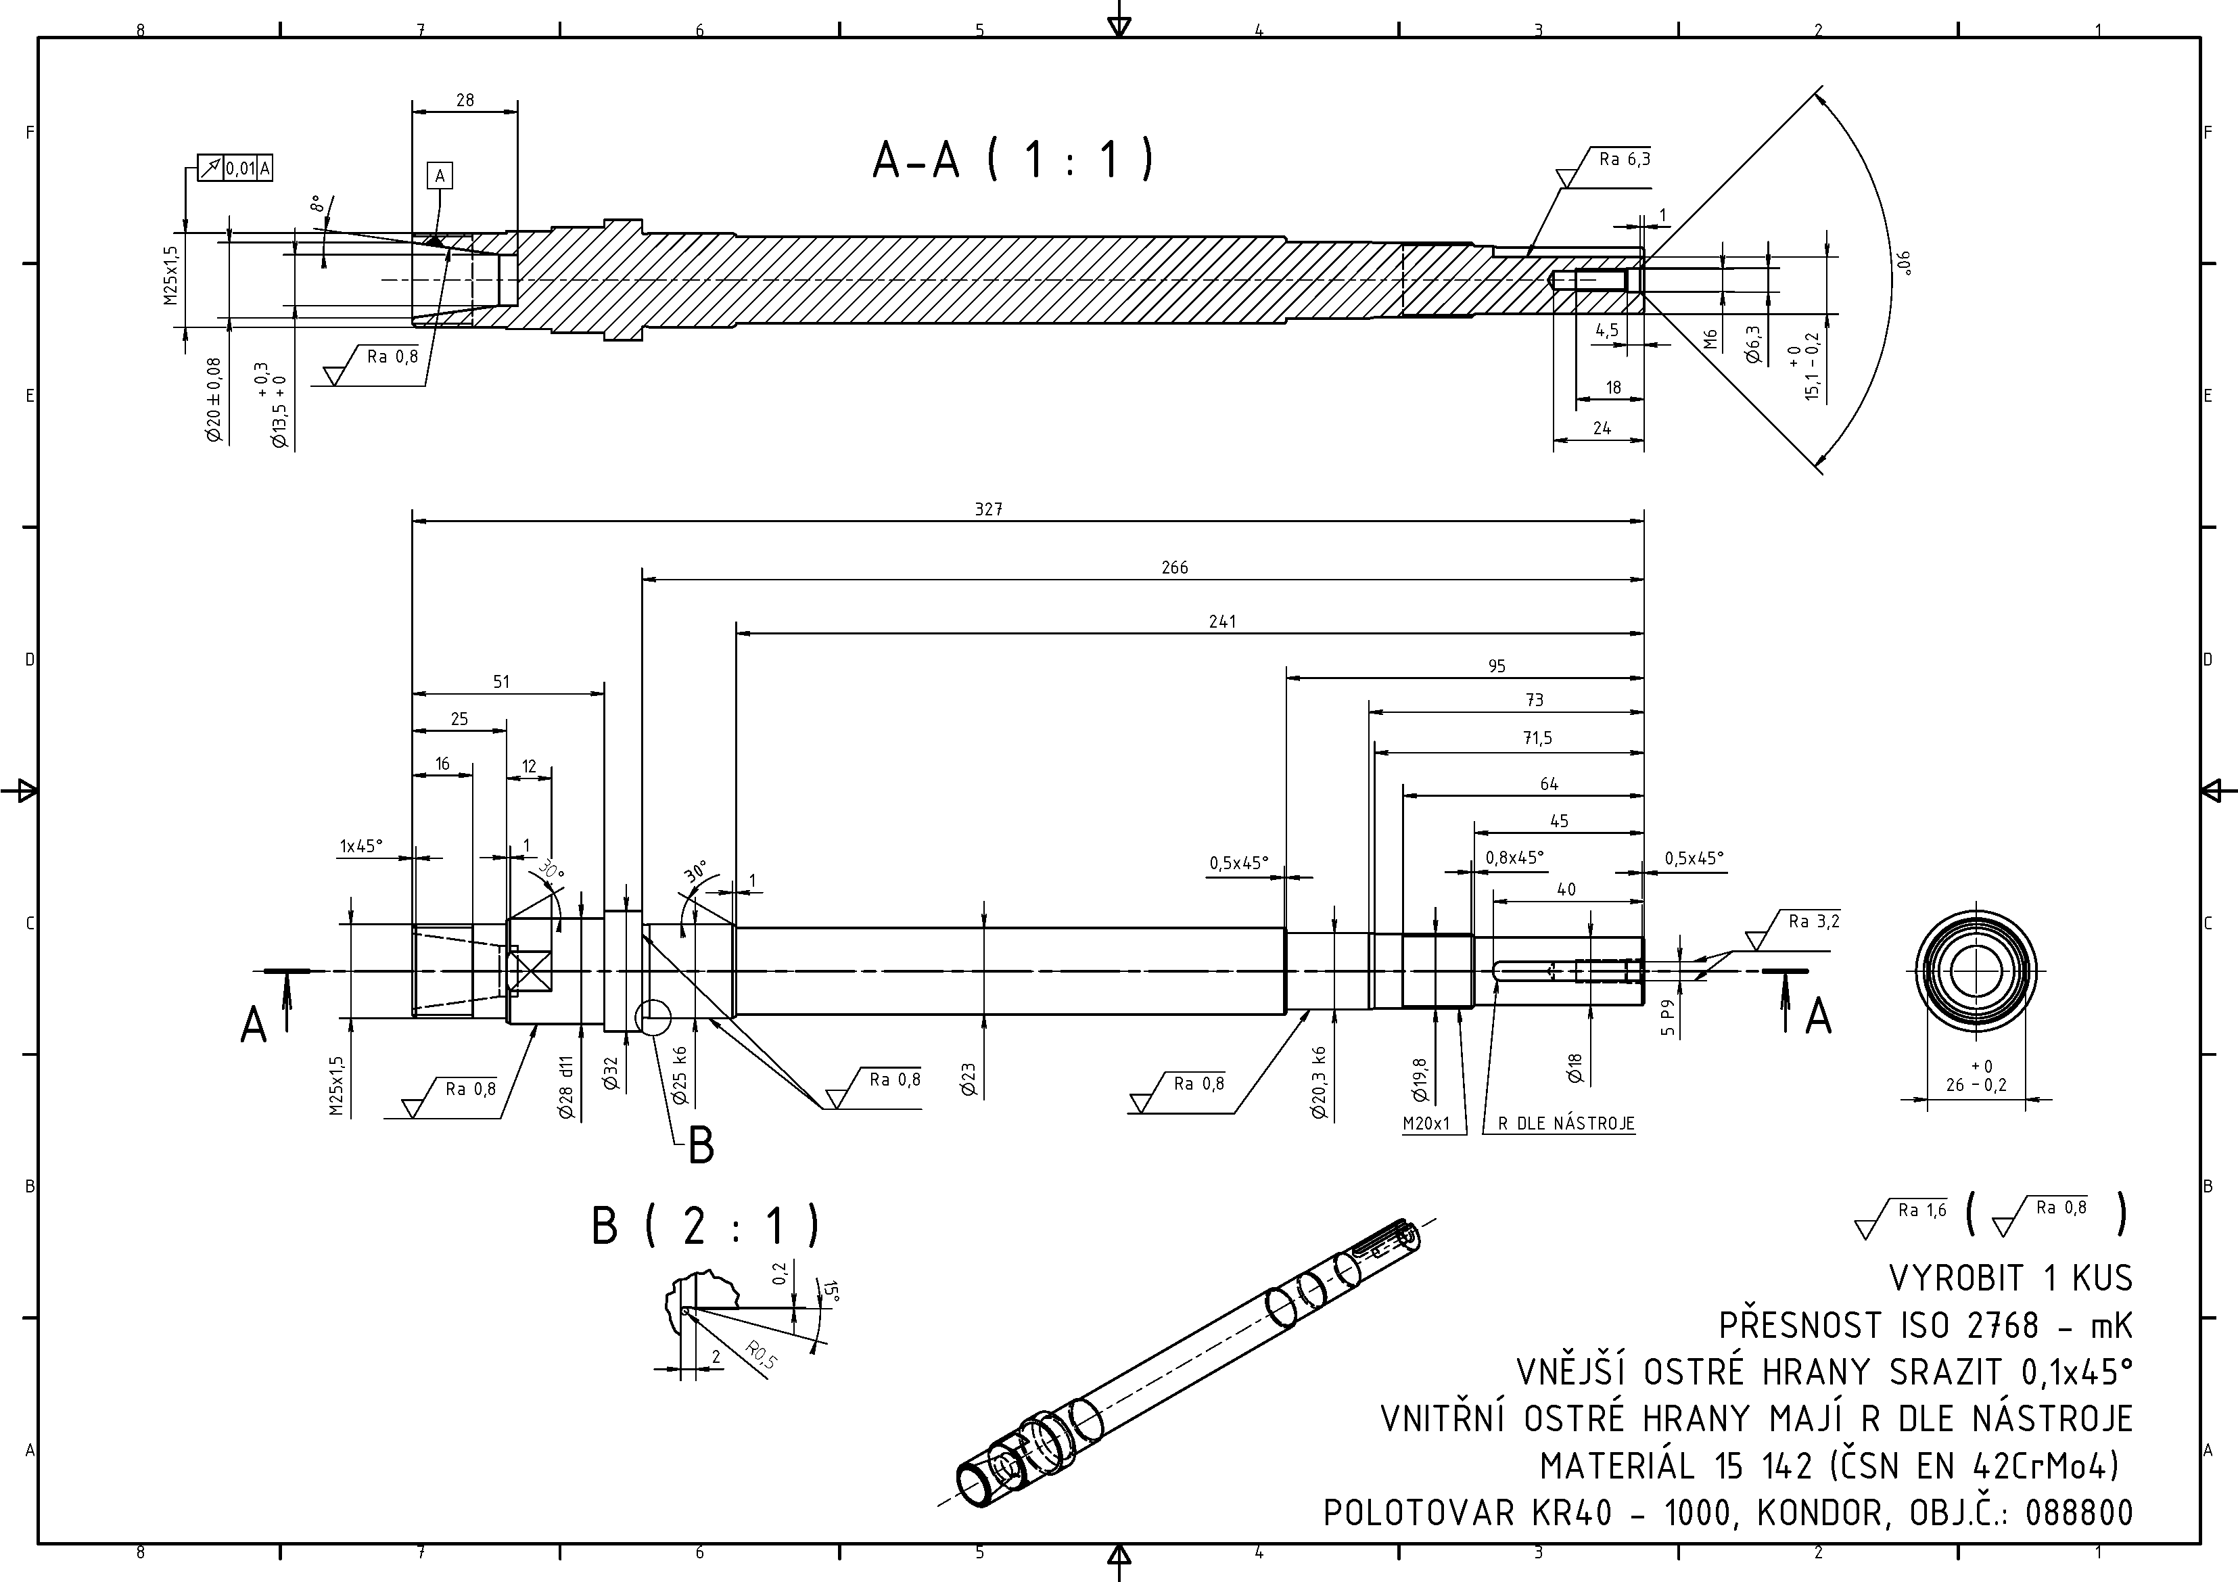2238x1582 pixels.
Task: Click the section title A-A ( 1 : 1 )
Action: pos(1014,160)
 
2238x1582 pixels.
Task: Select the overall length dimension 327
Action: pos(988,509)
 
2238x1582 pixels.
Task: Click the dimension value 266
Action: pos(1175,567)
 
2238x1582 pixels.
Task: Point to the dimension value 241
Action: pos(1221,621)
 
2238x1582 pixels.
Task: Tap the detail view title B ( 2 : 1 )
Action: pos(705,1226)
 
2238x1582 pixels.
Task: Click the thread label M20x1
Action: pos(1426,1124)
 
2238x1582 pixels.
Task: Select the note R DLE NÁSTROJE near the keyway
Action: pos(1566,1124)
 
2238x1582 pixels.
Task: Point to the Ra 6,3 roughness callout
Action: pos(1624,159)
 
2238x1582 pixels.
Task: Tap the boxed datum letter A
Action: pos(440,177)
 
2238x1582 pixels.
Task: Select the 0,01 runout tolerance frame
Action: pos(235,168)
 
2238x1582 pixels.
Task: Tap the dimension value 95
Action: pos(1496,666)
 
